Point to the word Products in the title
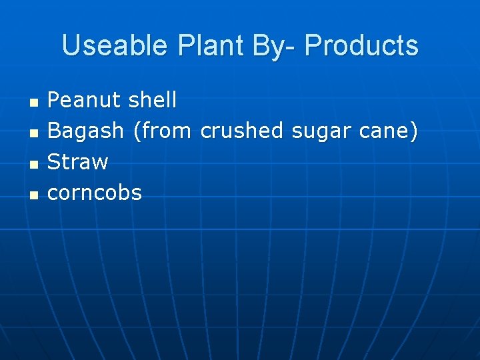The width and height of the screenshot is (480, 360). pyautogui.click(x=362, y=46)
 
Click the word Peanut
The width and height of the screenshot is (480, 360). pyautogui.click(x=85, y=101)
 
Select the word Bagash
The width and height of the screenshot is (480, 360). pyautogui.click(x=87, y=131)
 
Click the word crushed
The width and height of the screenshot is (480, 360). pyautogui.click(x=241, y=131)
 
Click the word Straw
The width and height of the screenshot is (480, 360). pyautogui.click(x=78, y=162)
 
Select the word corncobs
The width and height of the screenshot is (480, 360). pyautogui.click(x=95, y=193)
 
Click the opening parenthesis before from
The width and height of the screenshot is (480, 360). pyautogui.click(x=137, y=131)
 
